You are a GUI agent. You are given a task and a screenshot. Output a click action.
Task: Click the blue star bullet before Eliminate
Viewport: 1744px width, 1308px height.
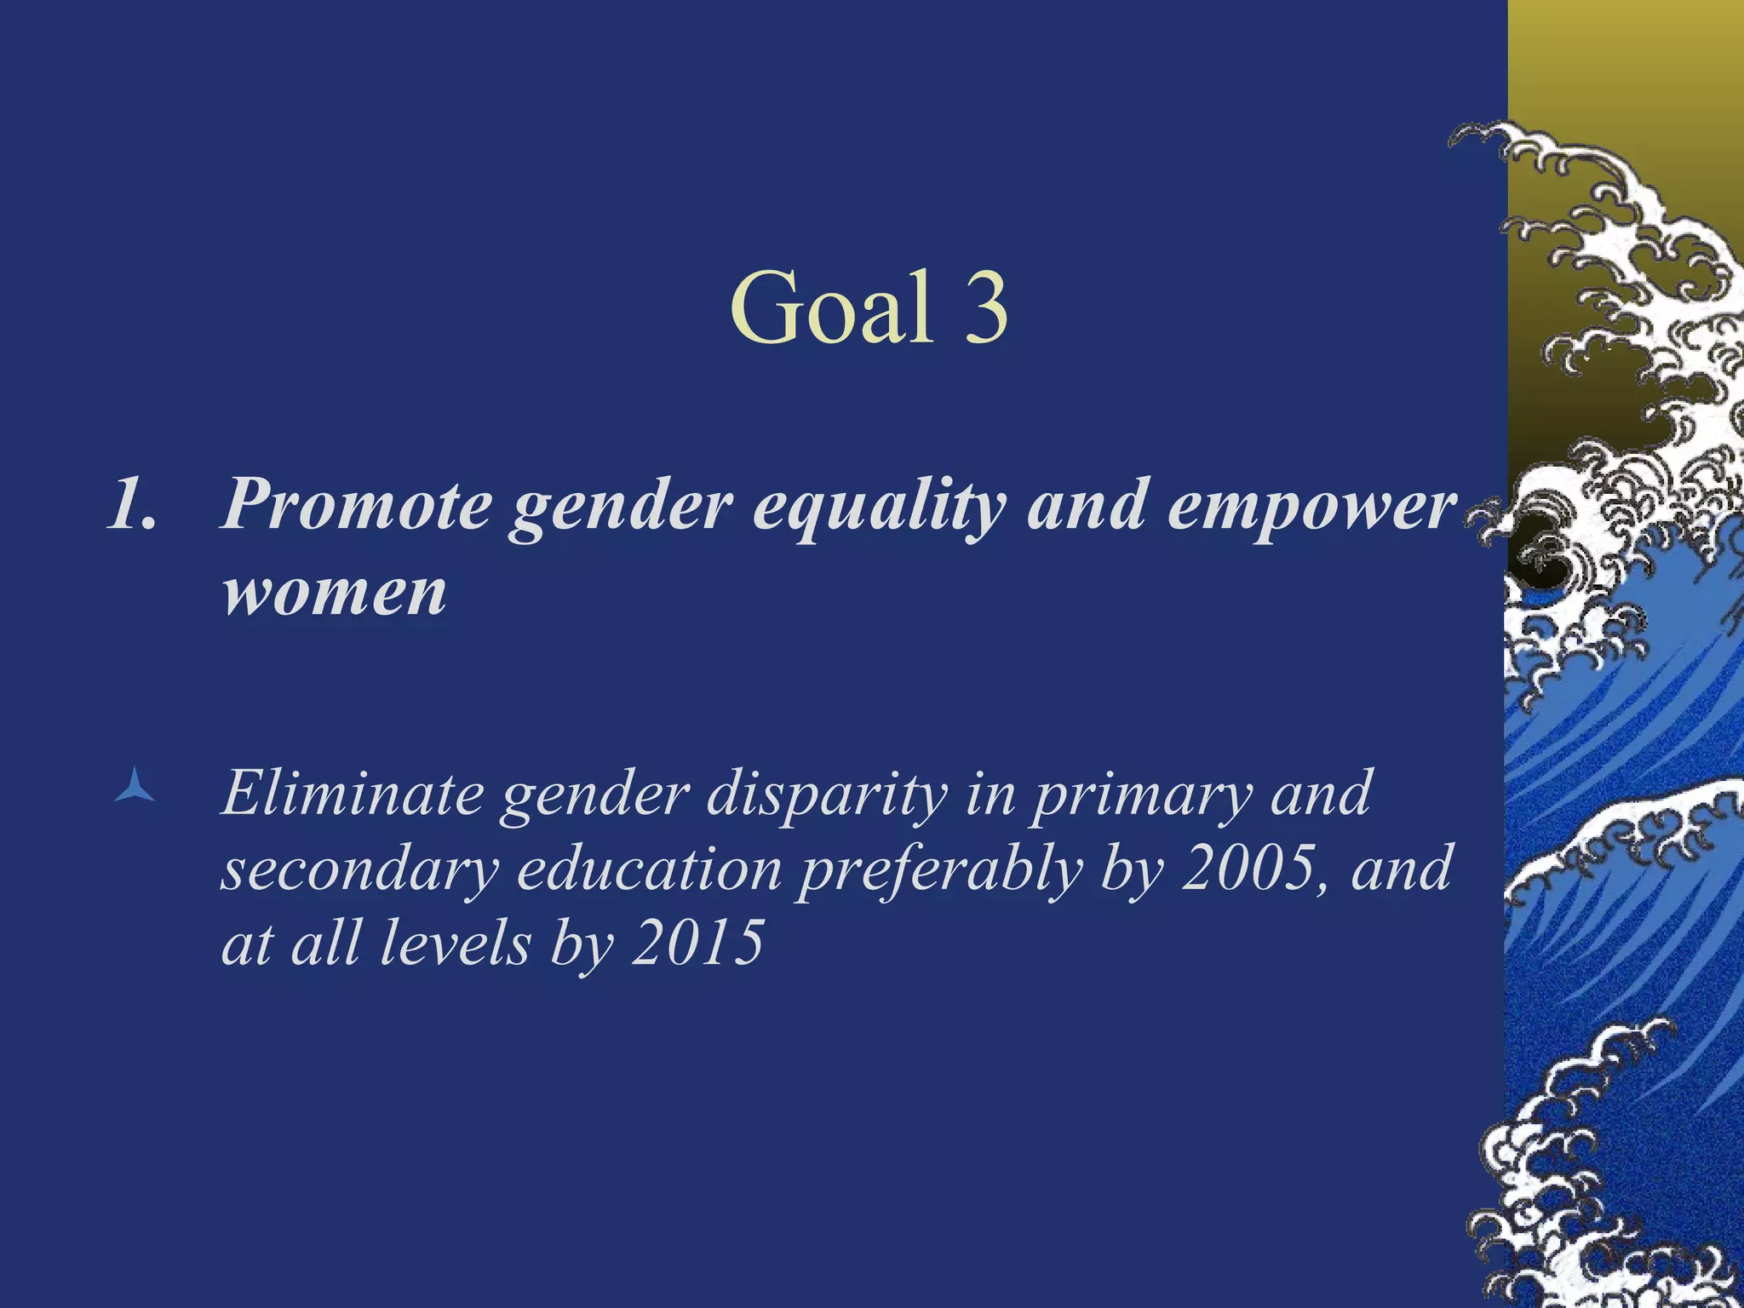[135, 785]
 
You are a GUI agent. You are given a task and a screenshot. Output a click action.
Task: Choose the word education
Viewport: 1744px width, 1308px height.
[649, 870]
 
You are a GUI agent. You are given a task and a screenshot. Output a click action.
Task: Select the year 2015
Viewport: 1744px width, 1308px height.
[697, 944]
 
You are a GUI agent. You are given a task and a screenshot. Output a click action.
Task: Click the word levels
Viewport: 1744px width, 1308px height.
[455, 944]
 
